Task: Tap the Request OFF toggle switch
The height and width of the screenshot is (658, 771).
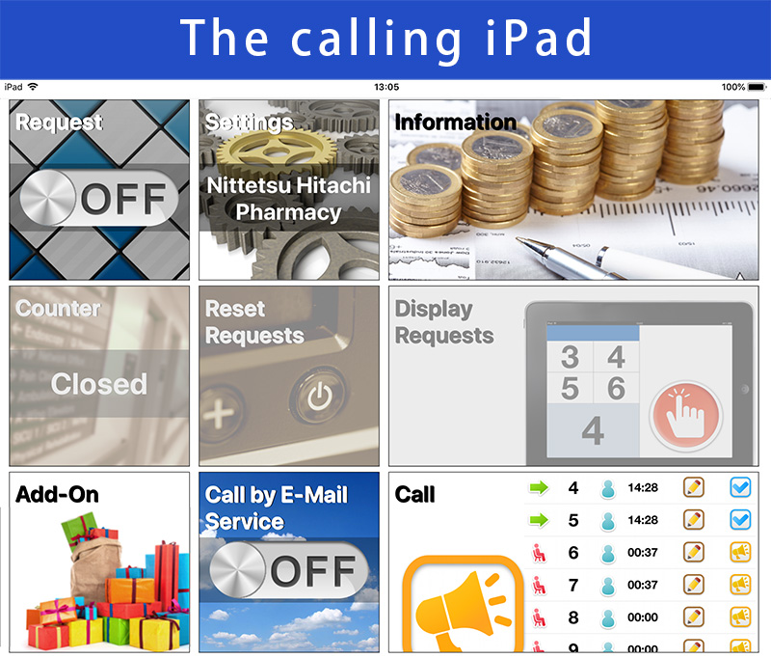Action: tap(99, 198)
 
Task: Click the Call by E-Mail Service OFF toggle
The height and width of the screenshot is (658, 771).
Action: tap(288, 570)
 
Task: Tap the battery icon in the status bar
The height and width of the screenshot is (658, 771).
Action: tap(757, 87)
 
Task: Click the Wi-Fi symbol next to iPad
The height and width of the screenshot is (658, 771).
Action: tap(33, 87)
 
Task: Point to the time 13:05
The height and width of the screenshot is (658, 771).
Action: tap(386, 87)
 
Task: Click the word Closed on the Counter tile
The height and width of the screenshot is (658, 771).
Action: tap(99, 384)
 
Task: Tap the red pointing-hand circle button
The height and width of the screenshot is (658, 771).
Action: tap(685, 416)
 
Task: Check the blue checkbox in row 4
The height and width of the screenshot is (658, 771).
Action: tap(740, 488)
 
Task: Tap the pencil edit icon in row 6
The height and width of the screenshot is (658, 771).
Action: tap(693, 552)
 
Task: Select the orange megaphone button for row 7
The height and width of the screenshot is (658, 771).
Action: tap(740, 585)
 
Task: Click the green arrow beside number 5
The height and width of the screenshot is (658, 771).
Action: tap(539, 520)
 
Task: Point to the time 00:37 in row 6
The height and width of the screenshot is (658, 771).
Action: tap(643, 552)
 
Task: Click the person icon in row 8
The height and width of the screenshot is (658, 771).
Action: tap(608, 617)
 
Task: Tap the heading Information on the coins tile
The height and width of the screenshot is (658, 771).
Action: tap(455, 123)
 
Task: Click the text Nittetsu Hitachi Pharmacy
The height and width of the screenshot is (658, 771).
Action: tap(288, 199)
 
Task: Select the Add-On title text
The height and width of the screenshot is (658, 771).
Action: tap(57, 494)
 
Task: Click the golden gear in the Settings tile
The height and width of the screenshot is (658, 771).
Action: tap(277, 151)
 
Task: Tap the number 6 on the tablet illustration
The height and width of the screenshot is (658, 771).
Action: tap(616, 388)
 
